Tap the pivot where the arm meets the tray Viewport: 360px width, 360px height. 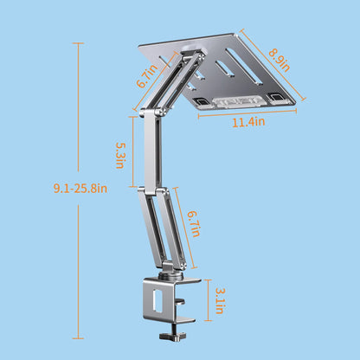[x=196, y=61]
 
